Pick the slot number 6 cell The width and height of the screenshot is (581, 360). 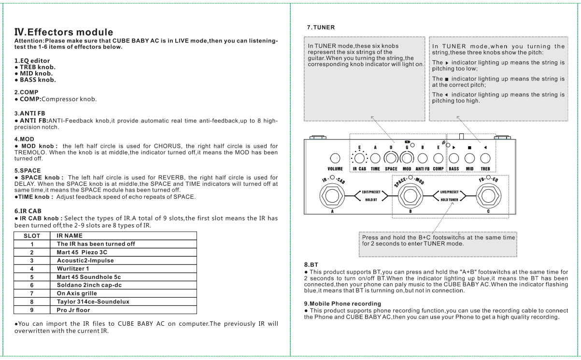[31, 285]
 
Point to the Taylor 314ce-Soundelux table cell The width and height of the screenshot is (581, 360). [92, 301]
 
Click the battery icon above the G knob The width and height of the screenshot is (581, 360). [407, 142]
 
